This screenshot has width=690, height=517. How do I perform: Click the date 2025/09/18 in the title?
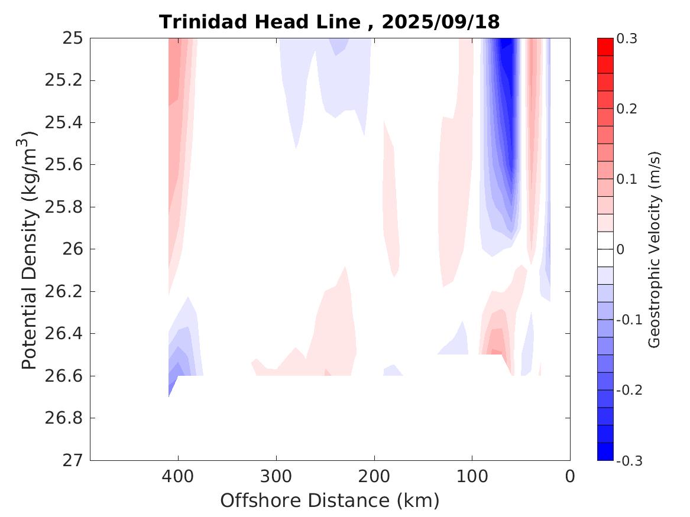pos(440,22)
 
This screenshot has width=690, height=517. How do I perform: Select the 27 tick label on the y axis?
pos(75,460)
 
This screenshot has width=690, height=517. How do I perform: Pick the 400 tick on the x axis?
pos(178,476)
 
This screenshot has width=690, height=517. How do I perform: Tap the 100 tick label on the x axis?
pos(472,476)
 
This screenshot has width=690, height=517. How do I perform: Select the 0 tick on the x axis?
pos(570,476)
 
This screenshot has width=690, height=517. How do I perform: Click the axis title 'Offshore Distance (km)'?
pos(329,501)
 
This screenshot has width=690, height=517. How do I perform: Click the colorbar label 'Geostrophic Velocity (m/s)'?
pos(655,249)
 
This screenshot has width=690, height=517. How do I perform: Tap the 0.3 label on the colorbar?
pos(628,39)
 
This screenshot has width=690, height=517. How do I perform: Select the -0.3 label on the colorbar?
pos(630,460)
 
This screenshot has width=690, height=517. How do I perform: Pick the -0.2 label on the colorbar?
pos(630,390)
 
